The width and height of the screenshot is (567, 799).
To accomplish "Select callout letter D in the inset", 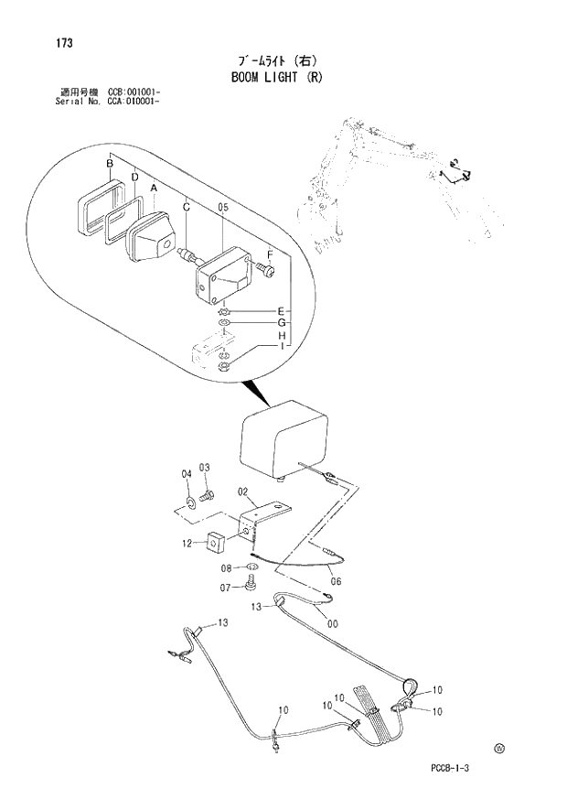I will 134,177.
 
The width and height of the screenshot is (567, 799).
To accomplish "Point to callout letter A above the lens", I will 154,189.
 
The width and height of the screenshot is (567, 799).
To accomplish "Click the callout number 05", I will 222,208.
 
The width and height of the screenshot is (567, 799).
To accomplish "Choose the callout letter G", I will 282,323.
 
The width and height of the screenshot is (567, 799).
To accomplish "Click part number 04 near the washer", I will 187,473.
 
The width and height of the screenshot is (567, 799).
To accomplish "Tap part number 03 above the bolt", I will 205,469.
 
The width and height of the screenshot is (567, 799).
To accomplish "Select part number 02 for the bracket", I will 243,492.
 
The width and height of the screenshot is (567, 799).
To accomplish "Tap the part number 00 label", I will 335,624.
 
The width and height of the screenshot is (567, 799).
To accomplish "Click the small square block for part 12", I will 217,542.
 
